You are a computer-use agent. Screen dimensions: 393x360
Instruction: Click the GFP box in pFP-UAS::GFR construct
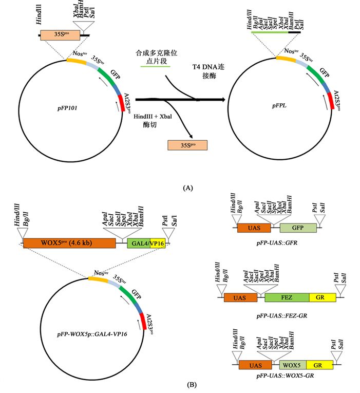298,228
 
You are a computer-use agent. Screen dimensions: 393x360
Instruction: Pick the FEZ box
287,297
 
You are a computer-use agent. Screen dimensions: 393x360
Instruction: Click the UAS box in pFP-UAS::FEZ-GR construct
237,297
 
